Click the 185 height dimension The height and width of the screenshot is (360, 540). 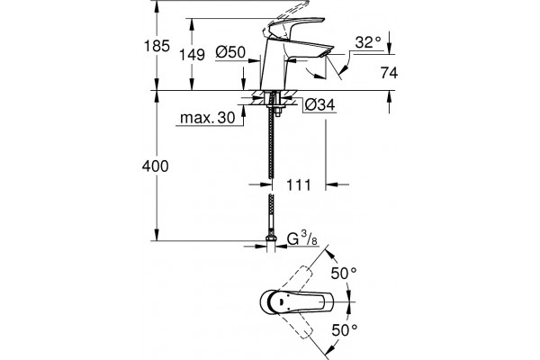(157, 46)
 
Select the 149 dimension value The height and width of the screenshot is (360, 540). (193, 55)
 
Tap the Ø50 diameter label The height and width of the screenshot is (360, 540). (230, 52)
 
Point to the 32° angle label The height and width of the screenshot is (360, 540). (368, 42)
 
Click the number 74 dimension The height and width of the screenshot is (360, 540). (389, 73)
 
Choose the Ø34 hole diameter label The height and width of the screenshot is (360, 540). (319, 104)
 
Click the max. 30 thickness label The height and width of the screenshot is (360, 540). (208, 118)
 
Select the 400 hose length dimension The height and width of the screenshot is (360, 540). (156, 166)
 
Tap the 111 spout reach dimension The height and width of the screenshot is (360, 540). (299, 185)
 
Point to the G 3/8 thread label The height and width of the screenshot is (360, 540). (302, 238)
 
